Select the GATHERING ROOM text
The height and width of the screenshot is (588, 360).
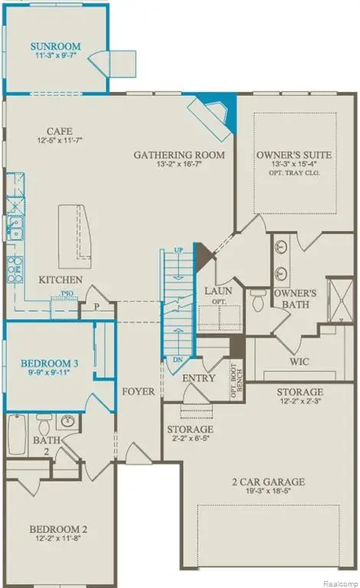179,155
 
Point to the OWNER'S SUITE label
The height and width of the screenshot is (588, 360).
296,155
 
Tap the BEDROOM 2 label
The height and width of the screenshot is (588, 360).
58,529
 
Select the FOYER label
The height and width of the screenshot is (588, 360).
139,391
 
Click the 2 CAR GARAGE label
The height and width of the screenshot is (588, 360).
269,482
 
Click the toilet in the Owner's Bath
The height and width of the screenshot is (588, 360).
259,303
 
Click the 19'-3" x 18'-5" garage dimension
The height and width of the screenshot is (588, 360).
269,495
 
